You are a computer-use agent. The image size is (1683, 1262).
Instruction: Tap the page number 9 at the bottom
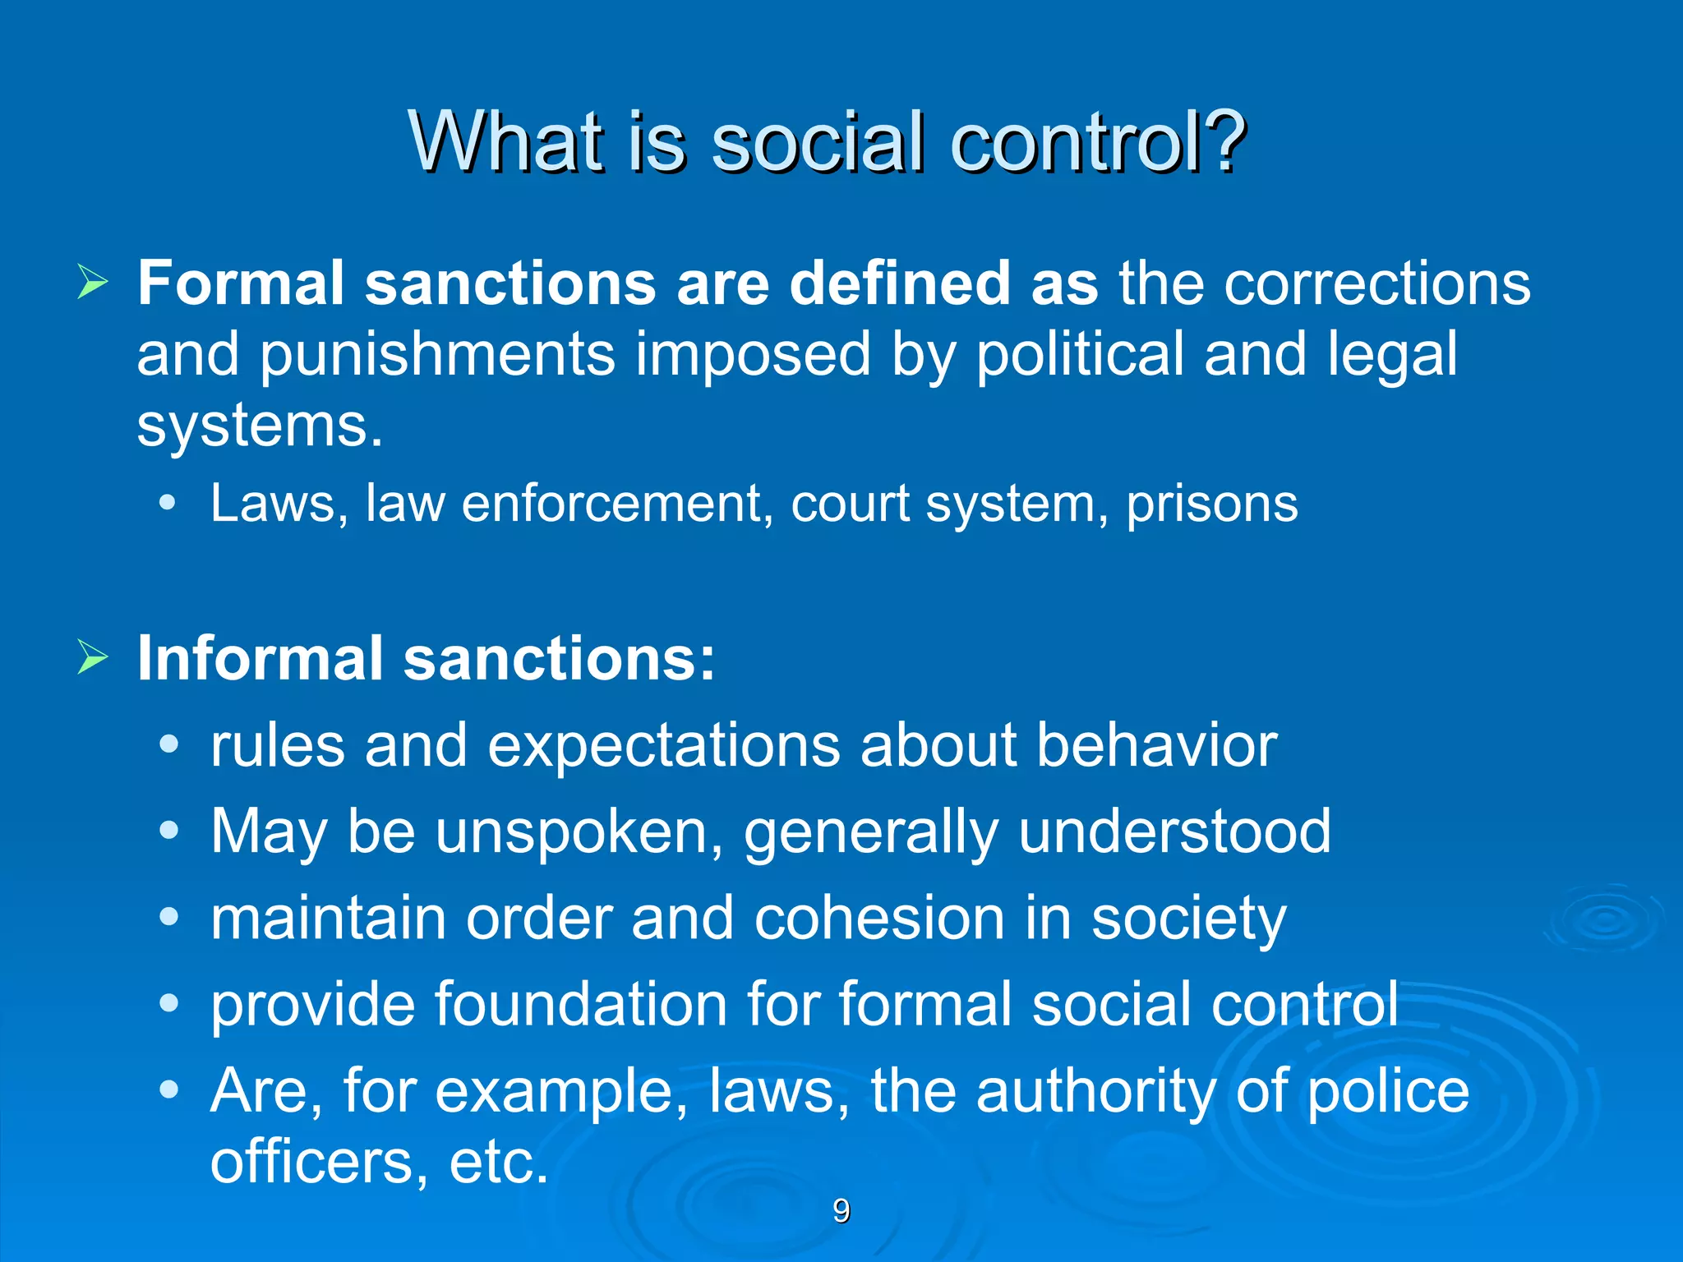(x=841, y=1211)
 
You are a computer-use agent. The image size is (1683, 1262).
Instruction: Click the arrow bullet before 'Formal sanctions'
(x=92, y=283)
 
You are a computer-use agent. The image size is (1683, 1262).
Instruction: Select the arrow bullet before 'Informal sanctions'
(x=92, y=657)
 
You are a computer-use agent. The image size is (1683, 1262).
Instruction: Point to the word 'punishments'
(x=437, y=355)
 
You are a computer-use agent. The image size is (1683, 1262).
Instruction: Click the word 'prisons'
(x=1211, y=503)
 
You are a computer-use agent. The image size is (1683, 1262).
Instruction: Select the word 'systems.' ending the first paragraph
(x=260, y=426)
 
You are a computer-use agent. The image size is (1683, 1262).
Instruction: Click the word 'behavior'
(x=1156, y=745)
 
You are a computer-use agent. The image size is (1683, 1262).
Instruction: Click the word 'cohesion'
(x=879, y=918)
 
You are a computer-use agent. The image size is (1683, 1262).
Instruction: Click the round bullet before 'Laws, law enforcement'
(x=168, y=503)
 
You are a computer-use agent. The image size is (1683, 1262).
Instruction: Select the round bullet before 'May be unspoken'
(x=168, y=831)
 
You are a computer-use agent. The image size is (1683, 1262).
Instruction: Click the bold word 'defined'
(x=899, y=283)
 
